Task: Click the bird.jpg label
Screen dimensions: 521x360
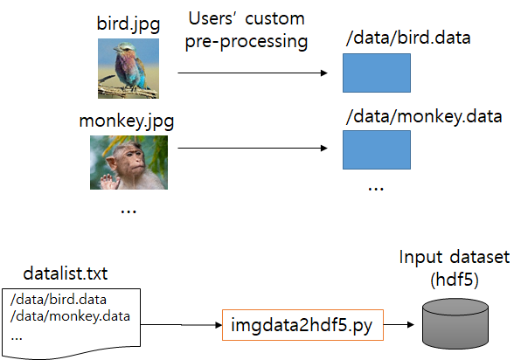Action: click(129, 24)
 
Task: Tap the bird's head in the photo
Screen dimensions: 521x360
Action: click(122, 48)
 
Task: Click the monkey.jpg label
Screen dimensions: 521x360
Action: click(127, 121)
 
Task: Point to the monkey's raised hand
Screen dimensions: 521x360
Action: click(109, 182)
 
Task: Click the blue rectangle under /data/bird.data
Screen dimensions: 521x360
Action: click(377, 73)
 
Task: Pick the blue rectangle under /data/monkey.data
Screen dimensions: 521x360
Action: click(377, 149)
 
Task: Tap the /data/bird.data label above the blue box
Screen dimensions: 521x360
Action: click(408, 38)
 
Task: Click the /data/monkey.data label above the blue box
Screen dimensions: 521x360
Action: click(424, 116)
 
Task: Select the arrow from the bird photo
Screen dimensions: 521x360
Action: click(253, 73)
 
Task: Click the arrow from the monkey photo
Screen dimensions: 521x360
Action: click(253, 148)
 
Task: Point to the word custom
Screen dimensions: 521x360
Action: click(274, 19)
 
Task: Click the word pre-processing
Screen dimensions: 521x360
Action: click(247, 42)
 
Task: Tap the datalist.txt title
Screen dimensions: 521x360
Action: click(65, 273)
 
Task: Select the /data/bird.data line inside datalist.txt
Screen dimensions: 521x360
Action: click(59, 300)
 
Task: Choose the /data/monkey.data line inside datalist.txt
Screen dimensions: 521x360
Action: click(70, 316)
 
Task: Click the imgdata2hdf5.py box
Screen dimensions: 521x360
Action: click(302, 325)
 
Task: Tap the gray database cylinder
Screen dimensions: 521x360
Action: click(455, 323)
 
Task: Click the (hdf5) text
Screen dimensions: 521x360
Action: click(455, 280)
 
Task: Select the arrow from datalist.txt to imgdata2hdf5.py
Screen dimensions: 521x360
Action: click(181, 325)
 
